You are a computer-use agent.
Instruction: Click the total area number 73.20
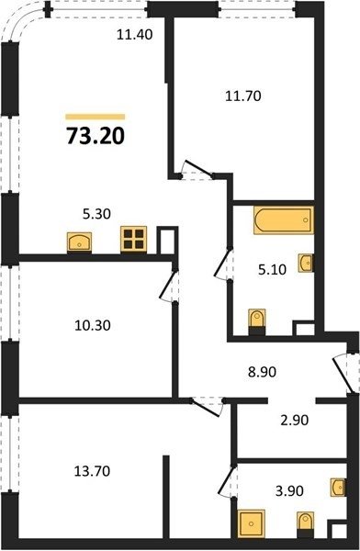click(x=96, y=136)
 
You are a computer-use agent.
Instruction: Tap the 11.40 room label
click(x=135, y=35)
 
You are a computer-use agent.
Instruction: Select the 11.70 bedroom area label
click(x=243, y=96)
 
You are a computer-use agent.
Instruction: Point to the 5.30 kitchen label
click(x=96, y=214)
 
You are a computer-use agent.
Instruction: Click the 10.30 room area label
click(x=93, y=325)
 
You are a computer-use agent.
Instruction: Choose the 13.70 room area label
click(x=92, y=471)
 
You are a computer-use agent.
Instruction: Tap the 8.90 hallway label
click(x=263, y=372)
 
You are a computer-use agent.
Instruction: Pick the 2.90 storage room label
click(x=295, y=420)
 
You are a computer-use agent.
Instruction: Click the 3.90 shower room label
click(x=289, y=491)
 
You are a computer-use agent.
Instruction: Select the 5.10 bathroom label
click(x=273, y=270)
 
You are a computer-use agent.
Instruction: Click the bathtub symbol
click(x=284, y=220)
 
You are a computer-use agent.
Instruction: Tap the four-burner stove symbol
click(x=133, y=239)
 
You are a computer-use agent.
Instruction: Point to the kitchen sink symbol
click(x=80, y=242)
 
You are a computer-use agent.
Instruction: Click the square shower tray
click(x=251, y=523)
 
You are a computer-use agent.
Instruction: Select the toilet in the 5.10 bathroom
click(x=256, y=321)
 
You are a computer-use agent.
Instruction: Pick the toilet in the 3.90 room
click(x=305, y=524)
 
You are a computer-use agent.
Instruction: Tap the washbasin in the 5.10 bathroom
click(x=306, y=263)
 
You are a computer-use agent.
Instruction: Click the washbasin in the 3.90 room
click(x=338, y=488)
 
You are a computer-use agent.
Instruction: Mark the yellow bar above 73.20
click(x=96, y=117)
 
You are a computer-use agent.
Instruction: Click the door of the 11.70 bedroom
click(x=197, y=169)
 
